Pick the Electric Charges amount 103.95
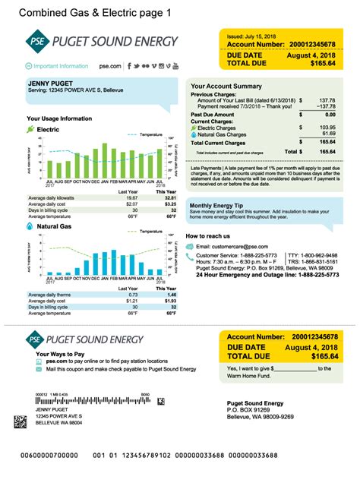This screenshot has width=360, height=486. [x=327, y=127]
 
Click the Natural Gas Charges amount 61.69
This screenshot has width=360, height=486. [x=329, y=134]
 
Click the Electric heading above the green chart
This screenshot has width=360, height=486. [x=49, y=130]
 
